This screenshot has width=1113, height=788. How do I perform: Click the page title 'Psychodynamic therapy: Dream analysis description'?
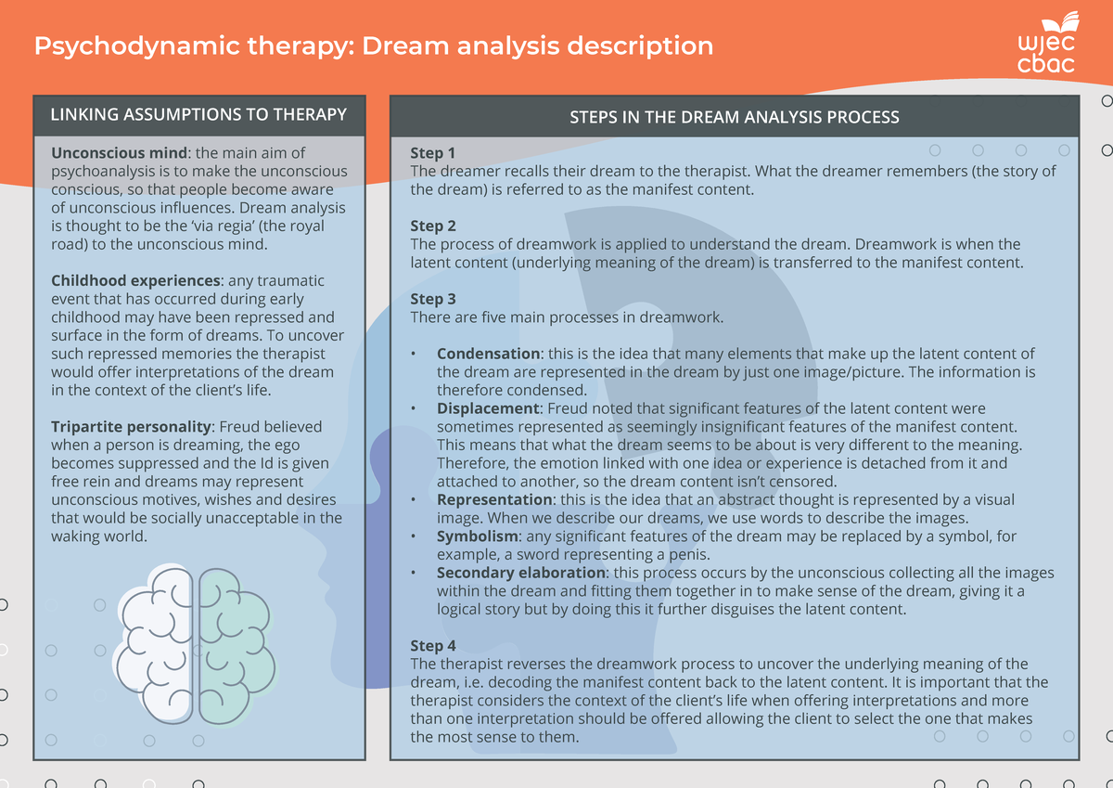point(373,45)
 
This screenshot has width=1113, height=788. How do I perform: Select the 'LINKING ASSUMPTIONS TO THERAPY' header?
point(198,115)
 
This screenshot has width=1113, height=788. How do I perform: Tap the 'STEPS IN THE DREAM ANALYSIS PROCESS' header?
point(734,117)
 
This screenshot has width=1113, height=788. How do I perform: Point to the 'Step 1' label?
point(433,153)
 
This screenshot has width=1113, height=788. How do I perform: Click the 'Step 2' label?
point(433,226)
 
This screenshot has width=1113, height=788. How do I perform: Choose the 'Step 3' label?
point(433,299)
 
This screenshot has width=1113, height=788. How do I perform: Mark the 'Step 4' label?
point(433,646)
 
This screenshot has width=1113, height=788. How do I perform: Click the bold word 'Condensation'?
point(488,354)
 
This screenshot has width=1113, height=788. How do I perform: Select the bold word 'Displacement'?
point(489,408)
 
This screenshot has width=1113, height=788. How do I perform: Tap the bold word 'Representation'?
point(493,499)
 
